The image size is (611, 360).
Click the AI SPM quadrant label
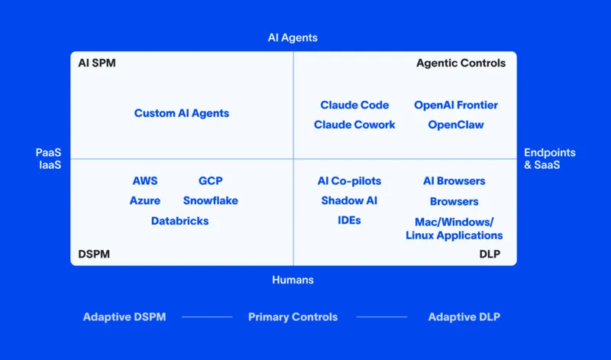coord(97,63)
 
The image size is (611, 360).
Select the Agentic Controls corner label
coord(461,63)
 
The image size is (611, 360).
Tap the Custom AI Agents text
coord(182,113)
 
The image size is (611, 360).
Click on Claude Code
coord(354,105)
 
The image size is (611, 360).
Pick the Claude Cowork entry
coord(354,125)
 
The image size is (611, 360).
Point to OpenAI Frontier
coord(456,105)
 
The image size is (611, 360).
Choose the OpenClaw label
coord(456,125)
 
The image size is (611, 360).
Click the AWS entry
coord(145,181)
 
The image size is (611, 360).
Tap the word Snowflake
coord(210,200)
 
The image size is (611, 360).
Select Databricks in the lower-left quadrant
coord(179,221)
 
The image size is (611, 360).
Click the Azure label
coord(145,200)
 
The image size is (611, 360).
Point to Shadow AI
coord(349,200)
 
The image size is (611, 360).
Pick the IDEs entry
coord(349,220)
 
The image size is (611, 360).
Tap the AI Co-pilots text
coord(349,181)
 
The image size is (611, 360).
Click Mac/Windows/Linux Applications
coord(454,229)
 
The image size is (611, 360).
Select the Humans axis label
coord(293,280)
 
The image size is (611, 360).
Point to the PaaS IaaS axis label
coord(48,159)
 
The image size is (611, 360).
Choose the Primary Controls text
coord(293,316)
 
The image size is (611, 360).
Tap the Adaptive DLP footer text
coord(464,316)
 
